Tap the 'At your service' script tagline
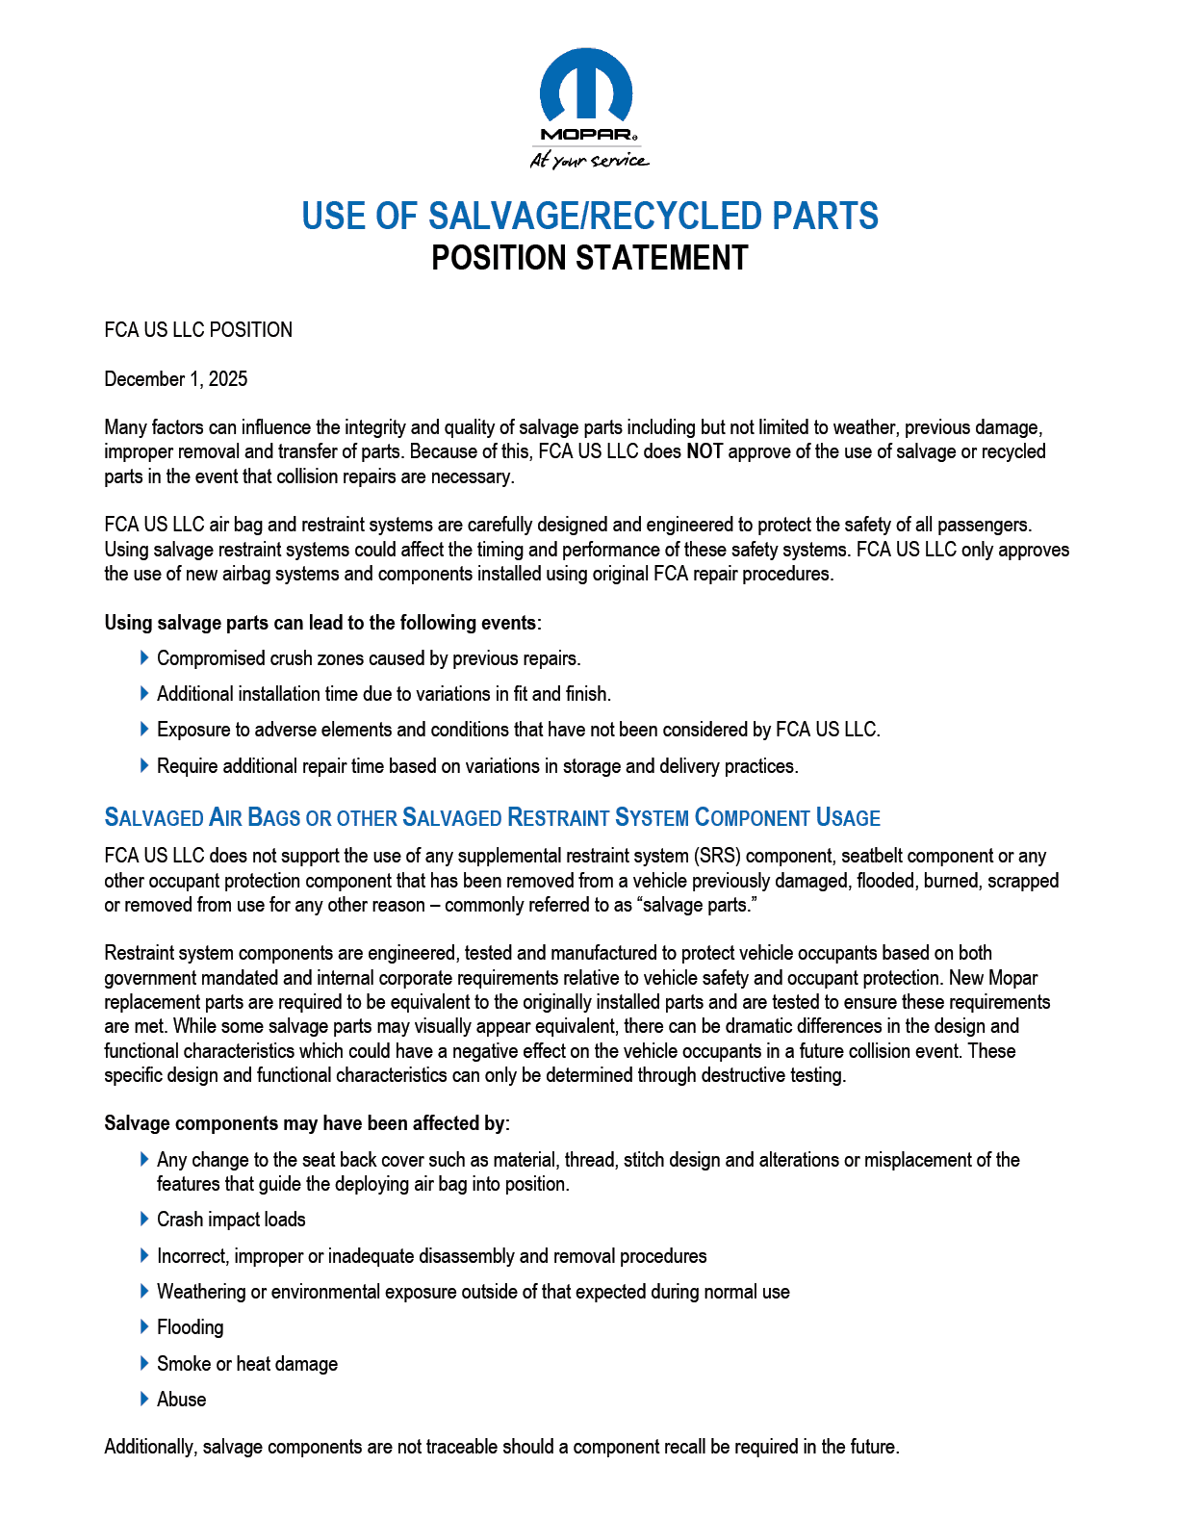click(589, 161)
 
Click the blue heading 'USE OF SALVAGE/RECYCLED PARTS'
click(589, 217)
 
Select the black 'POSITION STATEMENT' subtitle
click(589, 258)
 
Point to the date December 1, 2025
click(175, 379)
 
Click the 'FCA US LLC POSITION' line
click(198, 330)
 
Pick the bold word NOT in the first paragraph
click(704, 451)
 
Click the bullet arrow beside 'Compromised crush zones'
click(144, 657)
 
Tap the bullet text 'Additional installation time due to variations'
click(384, 694)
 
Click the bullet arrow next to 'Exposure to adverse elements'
click(144, 729)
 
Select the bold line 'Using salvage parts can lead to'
click(322, 623)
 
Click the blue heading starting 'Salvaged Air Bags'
click(492, 818)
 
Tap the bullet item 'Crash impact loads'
click(231, 1220)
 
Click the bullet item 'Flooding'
click(191, 1327)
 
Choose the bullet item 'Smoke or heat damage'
click(247, 1364)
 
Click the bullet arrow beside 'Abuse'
click(144, 1399)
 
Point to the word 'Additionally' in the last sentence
click(149, 1447)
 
